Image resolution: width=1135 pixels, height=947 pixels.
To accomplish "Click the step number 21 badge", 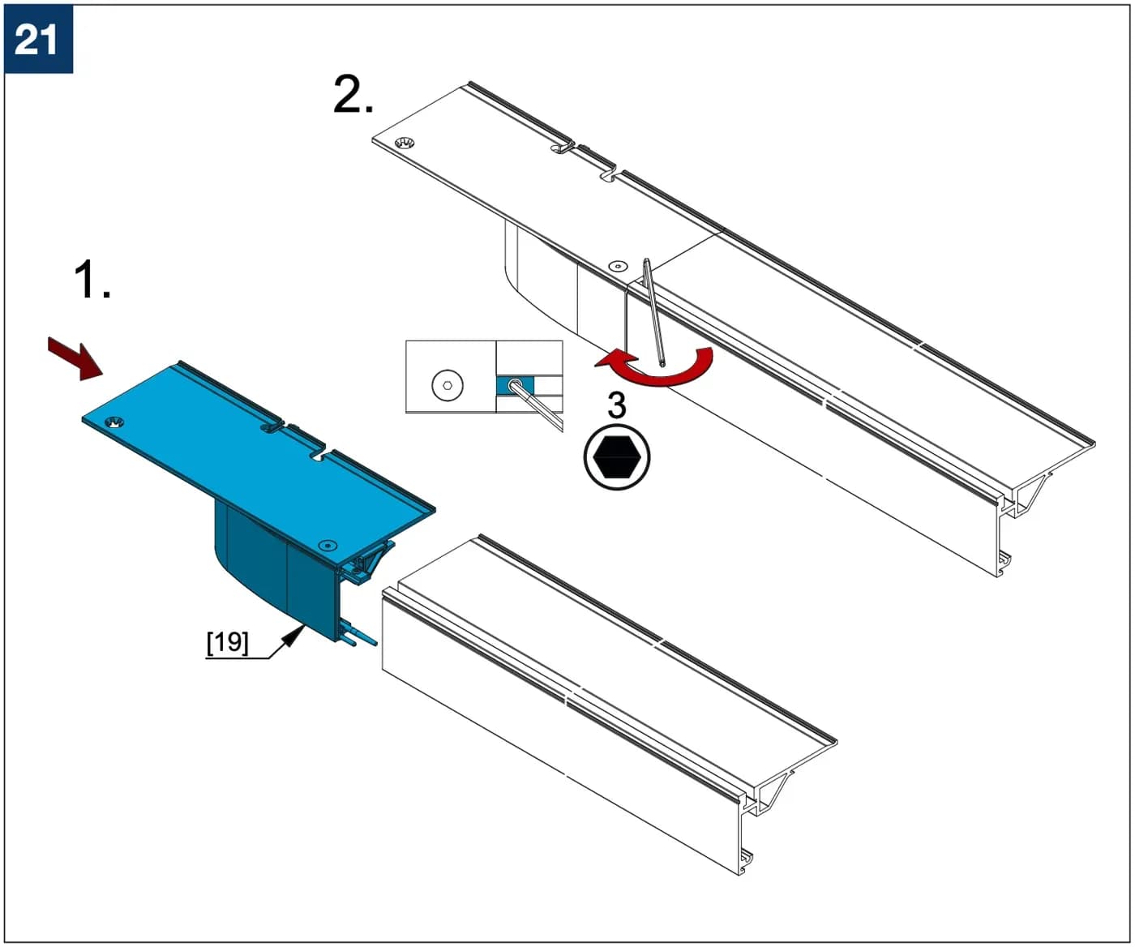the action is pos(38,39).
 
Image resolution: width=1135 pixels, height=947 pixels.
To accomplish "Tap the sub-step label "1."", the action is pos(92,280).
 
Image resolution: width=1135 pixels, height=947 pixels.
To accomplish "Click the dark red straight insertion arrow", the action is pos(75,358).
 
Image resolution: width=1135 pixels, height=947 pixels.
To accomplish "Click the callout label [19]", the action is pos(228,643).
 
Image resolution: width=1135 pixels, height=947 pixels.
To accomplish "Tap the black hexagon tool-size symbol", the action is pos(616,457).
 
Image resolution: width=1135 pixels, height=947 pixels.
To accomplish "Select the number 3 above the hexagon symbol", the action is pos(616,405).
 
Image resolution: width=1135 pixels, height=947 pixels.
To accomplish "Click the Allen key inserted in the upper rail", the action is pos(653,313).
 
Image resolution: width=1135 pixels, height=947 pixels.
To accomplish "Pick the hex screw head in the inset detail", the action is pos(448,385).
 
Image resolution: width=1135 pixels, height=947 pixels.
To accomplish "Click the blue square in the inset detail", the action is pos(514,385).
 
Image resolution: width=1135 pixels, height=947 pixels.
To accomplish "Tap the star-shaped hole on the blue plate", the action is pos(114,422).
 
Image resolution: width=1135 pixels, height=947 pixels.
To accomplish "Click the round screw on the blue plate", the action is pos(328,545).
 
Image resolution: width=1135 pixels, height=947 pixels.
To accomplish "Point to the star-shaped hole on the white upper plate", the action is pos(405,144).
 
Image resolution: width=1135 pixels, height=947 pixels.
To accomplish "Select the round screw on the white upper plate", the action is pos(618,266).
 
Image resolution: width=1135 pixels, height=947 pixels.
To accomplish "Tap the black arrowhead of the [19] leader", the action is pos(293,636).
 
